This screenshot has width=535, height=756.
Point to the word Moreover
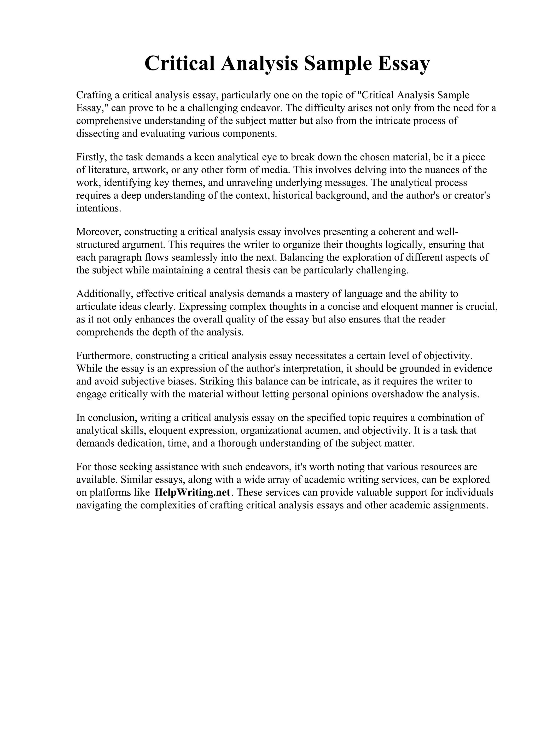98,232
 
